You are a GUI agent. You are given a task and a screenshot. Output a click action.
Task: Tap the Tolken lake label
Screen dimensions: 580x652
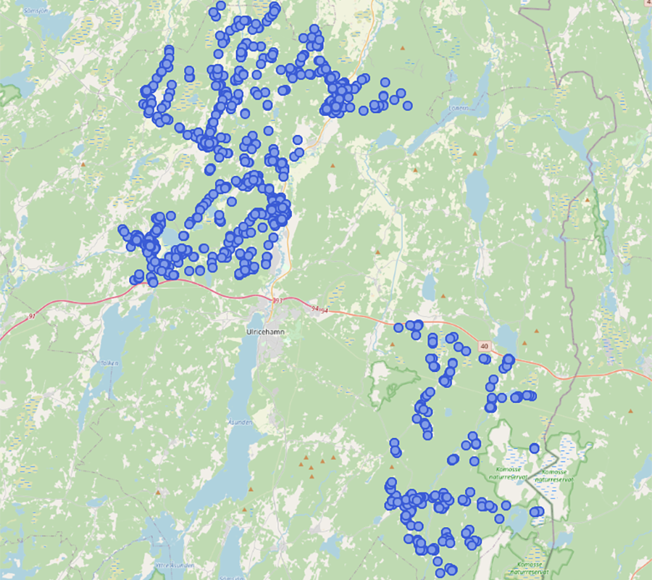(x=109, y=364)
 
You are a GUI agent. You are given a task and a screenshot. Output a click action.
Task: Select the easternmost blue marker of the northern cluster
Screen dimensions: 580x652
(x=407, y=106)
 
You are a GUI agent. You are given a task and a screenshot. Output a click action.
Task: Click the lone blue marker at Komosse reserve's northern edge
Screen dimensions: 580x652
(x=534, y=448)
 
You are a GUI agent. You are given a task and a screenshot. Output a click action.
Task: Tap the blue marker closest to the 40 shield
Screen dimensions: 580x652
(x=485, y=359)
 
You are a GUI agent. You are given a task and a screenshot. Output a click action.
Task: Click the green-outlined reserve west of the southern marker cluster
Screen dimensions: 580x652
(x=391, y=381)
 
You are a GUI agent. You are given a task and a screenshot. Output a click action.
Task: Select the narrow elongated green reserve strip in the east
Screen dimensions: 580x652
(x=600, y=217)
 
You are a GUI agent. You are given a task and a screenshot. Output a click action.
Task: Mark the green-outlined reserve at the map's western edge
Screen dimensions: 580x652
(x=9, y=94)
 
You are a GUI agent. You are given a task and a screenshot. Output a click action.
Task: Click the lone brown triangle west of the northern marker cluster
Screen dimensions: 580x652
(x=83, y=165)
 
